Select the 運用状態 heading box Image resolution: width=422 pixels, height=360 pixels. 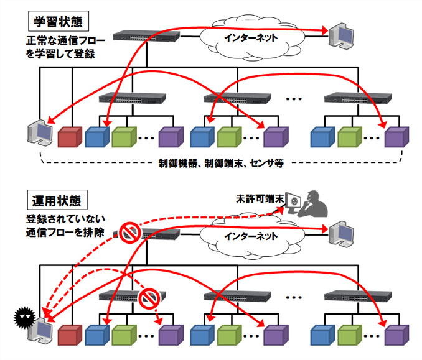coord(60,200)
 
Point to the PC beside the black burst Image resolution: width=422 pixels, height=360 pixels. coord(42,330)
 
